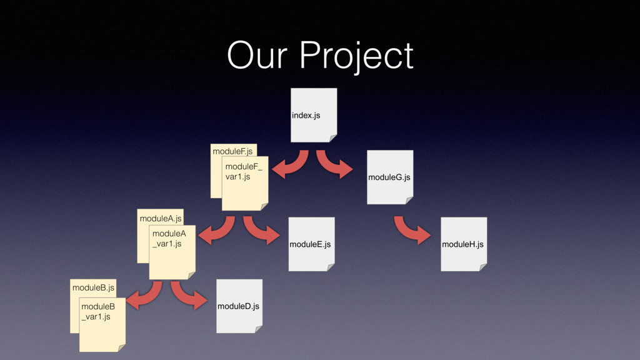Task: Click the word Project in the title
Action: coord(356,57)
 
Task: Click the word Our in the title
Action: coord(259,56)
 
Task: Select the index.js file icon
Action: coord(314,115)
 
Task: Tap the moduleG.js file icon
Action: coord(390,177)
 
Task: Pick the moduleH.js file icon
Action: coord(463,244)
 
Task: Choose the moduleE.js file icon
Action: coord(311,244)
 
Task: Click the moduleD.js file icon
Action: coord(239,306)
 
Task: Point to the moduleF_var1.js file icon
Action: coord(245,184)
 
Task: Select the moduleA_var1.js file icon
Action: coord(172,252)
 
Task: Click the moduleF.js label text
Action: coord(232,151)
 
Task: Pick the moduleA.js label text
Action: coord(161,218)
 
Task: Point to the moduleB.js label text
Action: coord(93,287)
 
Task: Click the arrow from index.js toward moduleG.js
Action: coord(333,164)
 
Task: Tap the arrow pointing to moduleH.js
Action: coord(411,230)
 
